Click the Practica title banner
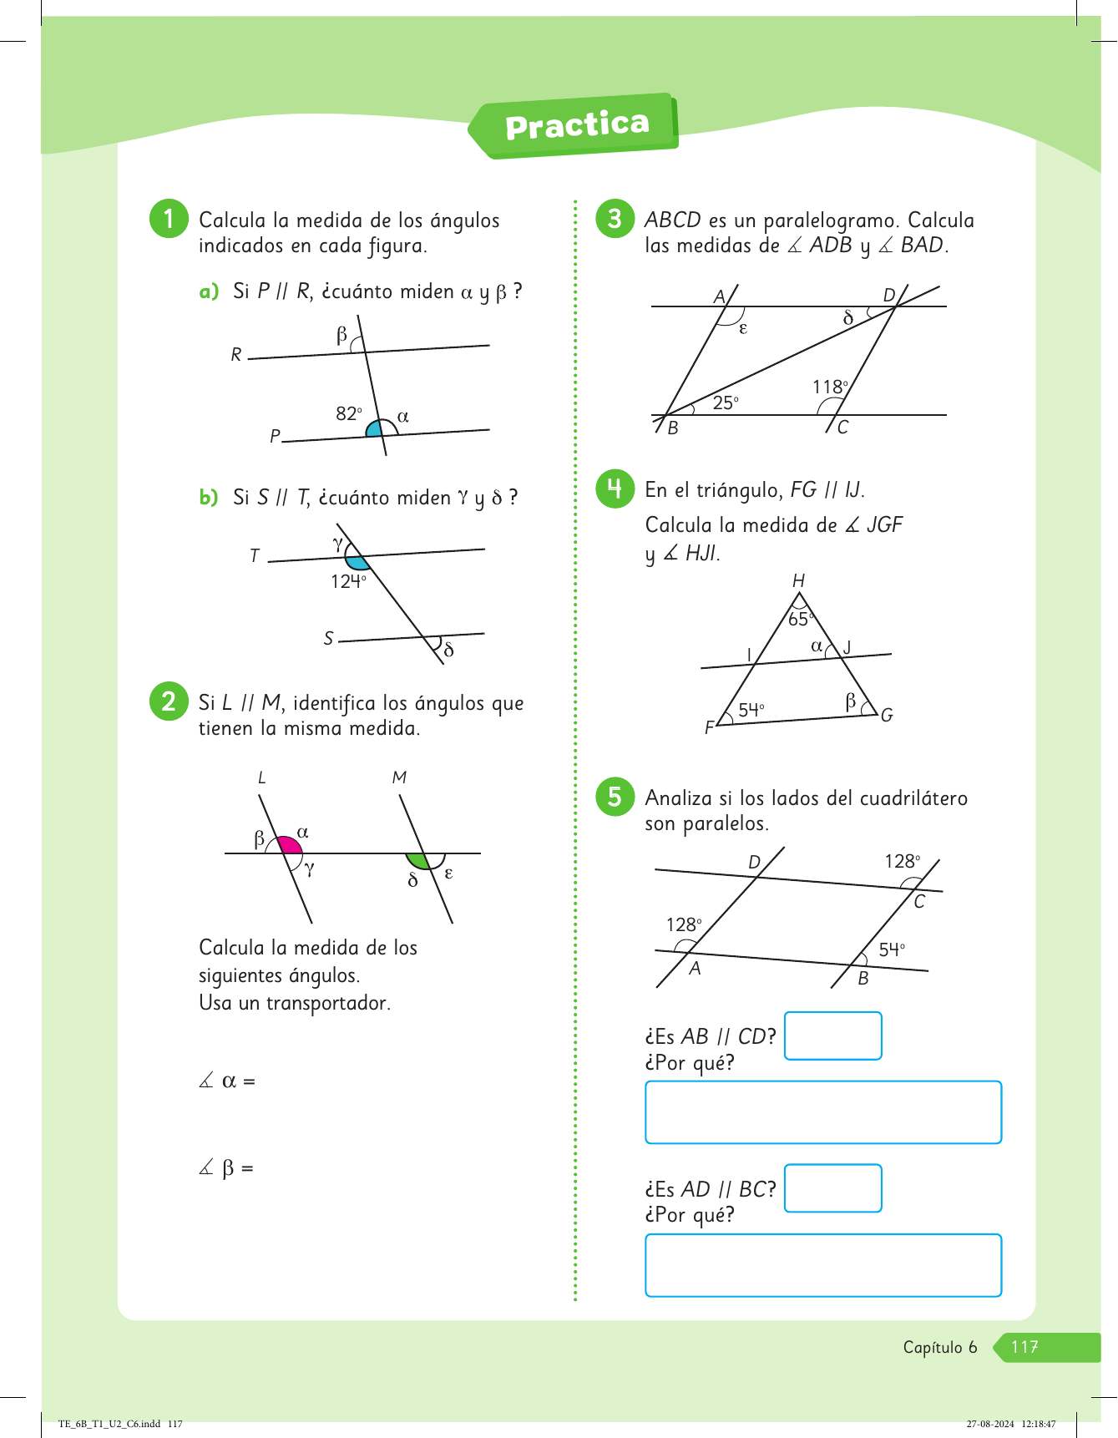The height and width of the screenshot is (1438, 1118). tap(574, 125)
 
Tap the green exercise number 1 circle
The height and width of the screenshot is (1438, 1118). tap(169, 219)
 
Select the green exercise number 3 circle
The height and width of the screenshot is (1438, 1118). tap(615, 219)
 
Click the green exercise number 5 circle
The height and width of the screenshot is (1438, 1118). tap(615, 797)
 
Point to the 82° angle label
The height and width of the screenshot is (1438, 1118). tap(349, 413)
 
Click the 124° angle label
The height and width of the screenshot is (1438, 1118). tap(348, 581)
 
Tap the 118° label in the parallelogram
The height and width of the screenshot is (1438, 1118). tap(830, 387)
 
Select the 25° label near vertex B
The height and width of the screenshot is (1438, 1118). tap(726, 403)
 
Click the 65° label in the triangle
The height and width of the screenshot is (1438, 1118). tap(800, 619)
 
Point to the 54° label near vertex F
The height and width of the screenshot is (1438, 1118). tap(751, 709)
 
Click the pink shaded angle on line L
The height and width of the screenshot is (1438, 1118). tap(289, 844)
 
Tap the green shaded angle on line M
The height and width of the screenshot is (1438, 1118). tap(417, 861)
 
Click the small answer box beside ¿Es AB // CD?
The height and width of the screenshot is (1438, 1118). tap(833, 1035)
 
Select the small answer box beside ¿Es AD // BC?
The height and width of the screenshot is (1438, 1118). tap(833, 1187)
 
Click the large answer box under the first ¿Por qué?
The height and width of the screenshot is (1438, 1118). tap(823, 1112)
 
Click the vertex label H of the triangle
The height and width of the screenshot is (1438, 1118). tap(799, 580)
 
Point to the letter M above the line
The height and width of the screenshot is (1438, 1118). tap(399, 777)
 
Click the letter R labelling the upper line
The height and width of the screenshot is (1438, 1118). tap(236, 355)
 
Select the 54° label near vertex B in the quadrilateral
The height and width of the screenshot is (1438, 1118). tap(892, 949)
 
